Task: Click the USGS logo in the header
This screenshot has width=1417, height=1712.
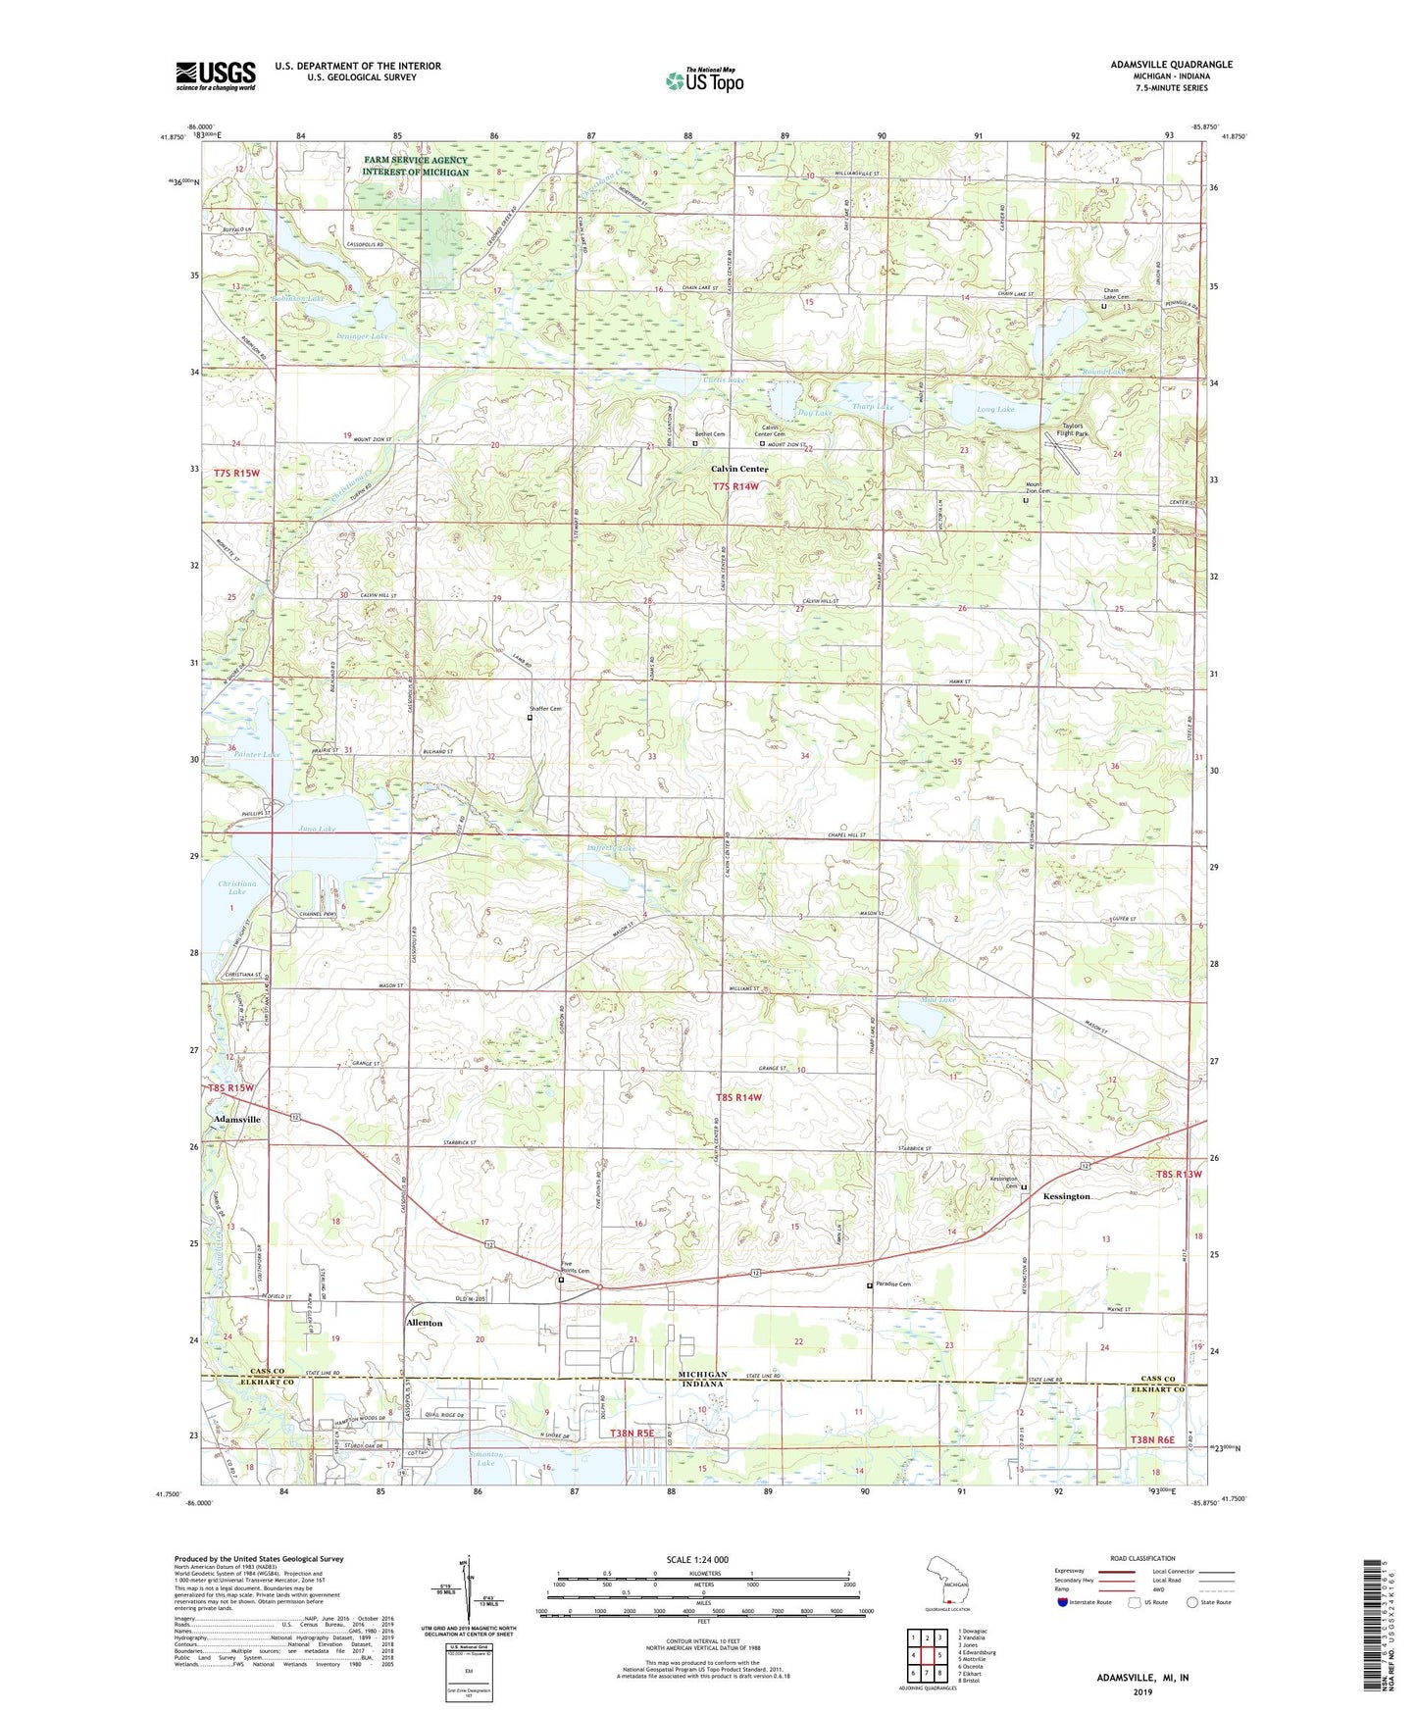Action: [216, 76]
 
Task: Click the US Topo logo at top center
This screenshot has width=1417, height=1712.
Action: [703, 80]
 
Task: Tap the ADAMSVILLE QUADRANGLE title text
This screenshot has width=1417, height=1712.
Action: [1171, 65]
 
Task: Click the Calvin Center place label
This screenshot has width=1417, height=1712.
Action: [739, 469]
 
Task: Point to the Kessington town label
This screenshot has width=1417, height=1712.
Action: [1066, 1196]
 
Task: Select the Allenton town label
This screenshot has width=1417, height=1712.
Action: [424, 1323]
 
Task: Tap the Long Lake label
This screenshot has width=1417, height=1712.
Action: [995, 409]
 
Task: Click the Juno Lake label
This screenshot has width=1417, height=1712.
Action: [316, 829]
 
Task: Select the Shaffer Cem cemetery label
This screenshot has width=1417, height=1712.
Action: [546, 708]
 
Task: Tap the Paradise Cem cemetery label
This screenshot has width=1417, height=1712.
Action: [892, 1284]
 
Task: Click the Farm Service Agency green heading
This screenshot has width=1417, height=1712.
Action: [416, 166]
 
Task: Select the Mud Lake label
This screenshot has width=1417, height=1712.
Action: [938, 1000]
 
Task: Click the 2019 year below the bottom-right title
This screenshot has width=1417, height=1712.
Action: [1142, 1691]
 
